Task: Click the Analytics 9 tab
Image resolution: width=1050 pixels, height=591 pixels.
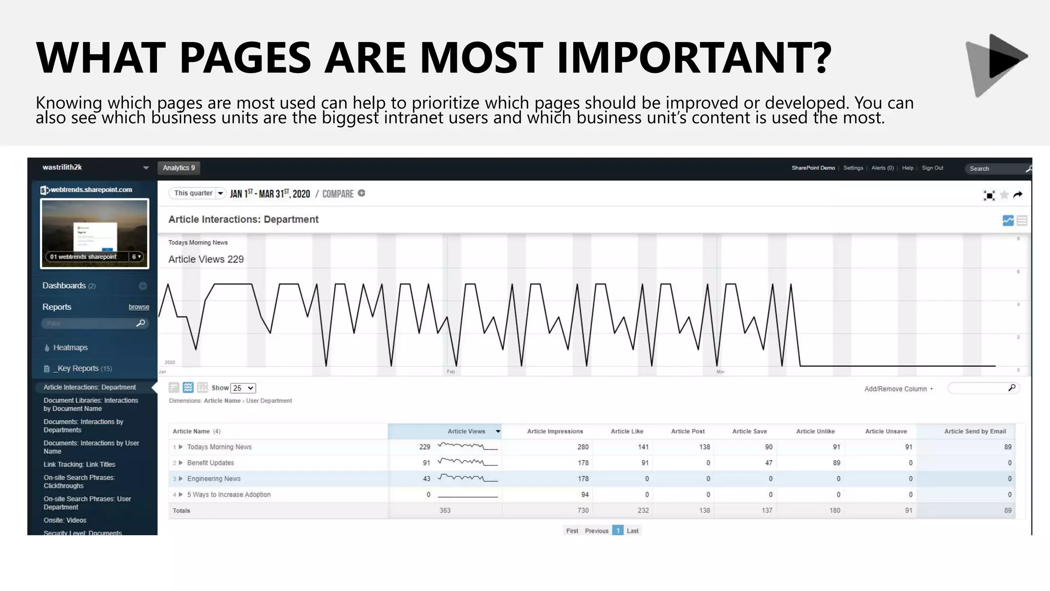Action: point(178,168)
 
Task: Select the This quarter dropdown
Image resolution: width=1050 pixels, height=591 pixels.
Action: point(197,193)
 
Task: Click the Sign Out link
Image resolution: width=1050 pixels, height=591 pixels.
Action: point(932,168)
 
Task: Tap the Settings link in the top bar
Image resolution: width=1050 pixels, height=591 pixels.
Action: point(853,168)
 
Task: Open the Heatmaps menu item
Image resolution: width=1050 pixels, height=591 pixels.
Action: point(70,347)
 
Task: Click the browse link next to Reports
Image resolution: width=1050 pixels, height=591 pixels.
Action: point(138,307)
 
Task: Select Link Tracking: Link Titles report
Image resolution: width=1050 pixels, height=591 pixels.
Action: point(79,464)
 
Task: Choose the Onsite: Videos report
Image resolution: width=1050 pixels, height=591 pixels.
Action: point(65,520)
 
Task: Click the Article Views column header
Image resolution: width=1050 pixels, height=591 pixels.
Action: point(466,431)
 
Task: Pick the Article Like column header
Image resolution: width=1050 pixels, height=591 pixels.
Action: point(627,431)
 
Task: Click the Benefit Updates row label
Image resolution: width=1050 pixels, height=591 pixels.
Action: point(210,463)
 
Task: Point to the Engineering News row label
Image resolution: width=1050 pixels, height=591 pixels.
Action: point(214,479)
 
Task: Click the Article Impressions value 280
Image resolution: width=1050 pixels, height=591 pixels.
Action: point(583,447)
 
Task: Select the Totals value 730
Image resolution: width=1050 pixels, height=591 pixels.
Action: point(583,510)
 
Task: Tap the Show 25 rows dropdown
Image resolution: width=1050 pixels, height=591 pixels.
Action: point(243,388)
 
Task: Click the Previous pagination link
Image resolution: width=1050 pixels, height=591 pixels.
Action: point(596,531)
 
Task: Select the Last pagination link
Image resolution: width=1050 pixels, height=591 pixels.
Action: point(633,531)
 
